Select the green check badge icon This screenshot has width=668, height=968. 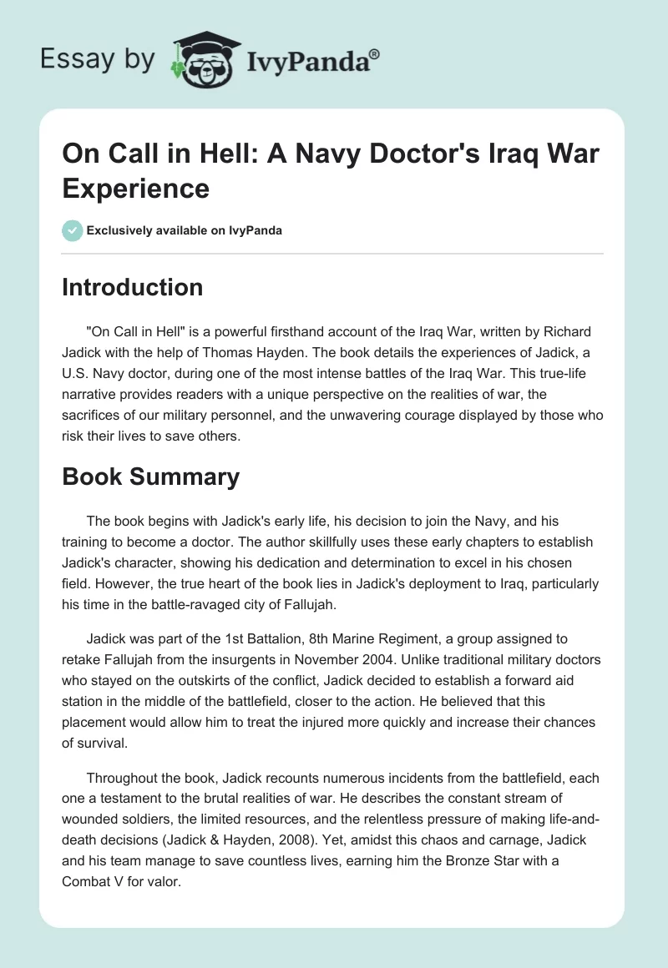pyautogui.click(x=72, y=230)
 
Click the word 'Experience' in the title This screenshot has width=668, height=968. pyautogui.click(x=136, y=189)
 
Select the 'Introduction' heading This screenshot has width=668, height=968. pyautogui.click(x=133, y=287)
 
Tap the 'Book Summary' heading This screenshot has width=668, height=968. pyautogui.click(x=150, y=476)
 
